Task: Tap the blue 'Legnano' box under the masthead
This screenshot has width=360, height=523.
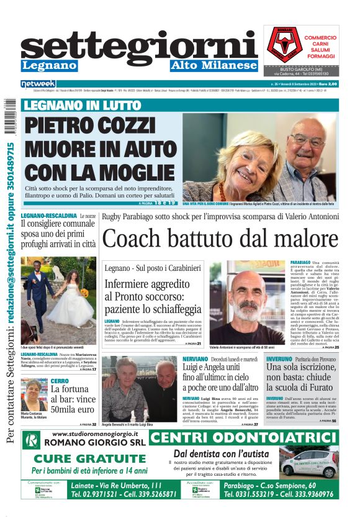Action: point(49,66)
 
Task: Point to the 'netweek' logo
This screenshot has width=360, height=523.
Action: point(38,84)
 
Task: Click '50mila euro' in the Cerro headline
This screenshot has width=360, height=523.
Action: point(73,411)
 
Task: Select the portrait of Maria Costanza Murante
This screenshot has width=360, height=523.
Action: point(34,395)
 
